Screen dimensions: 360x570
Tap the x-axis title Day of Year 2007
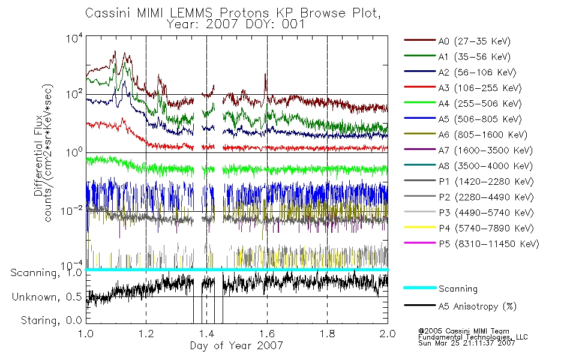(236, 346)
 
